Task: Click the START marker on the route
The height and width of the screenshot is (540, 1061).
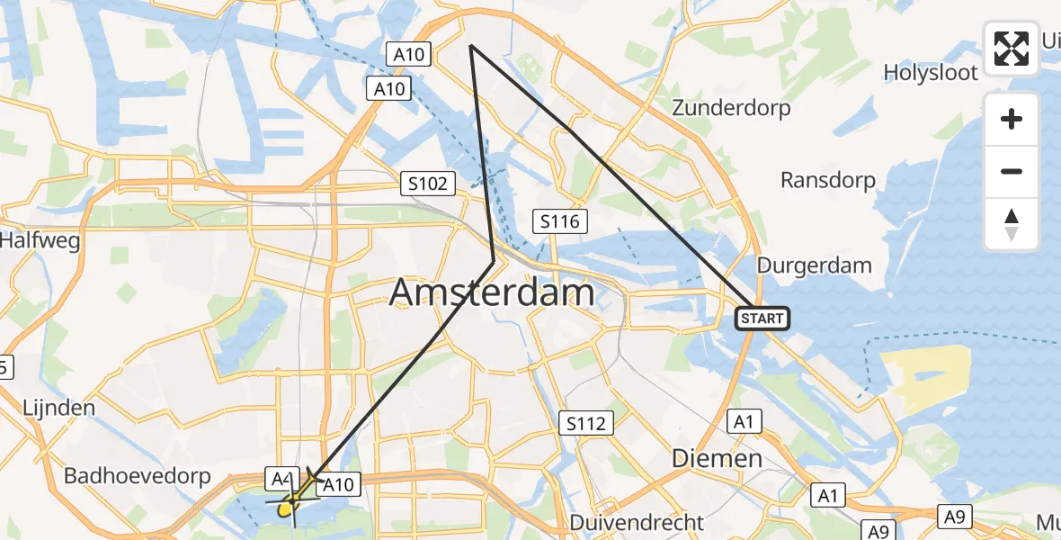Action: point(762,318)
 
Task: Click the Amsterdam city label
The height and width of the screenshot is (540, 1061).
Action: point(492,293)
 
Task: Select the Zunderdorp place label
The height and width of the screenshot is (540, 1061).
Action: point(731,108)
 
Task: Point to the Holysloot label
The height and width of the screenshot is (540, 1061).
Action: point(930,72)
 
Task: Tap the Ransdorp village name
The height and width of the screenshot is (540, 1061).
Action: point(827,180)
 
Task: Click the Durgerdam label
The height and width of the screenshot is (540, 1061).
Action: point(815,265)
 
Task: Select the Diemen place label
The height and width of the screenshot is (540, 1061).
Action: point(718,458)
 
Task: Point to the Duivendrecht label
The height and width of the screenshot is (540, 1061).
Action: point(637,523)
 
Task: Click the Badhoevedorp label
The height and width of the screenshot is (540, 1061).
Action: point(137,475)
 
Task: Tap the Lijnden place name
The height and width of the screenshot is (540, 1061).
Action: point(61,407)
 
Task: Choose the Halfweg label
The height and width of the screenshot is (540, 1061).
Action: point(40,241)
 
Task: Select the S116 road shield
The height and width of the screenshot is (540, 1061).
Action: point(560,220)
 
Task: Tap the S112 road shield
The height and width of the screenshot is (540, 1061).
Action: point(587,423)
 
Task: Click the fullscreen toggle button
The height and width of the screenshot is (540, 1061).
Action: point(1012,49)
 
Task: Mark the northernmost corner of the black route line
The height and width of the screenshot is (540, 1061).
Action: point(470,45)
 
